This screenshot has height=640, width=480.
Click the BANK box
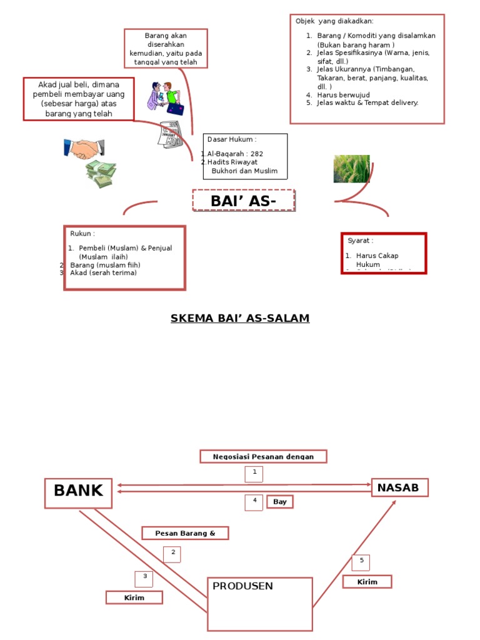coord(78,492)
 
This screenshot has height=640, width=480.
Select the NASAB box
coord(400,487)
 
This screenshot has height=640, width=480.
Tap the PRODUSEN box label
coord(242,586)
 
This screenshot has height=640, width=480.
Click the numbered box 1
coord(254,474)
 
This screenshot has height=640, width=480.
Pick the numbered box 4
coord(254,502)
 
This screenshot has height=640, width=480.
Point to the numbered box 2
coord(172,554)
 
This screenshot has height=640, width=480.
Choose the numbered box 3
coord(144,579)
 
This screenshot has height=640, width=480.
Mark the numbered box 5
coord(361,562)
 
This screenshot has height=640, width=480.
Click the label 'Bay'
coord(279,502)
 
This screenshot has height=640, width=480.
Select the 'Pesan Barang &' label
coord(185,533)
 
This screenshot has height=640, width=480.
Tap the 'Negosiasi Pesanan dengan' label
coord(263,457)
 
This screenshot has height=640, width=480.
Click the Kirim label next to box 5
coord(367,582)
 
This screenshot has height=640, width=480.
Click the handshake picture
coord(84,149)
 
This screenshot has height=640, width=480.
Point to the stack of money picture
coord(101,174)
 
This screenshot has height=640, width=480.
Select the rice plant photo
coord(351,169)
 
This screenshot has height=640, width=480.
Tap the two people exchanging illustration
coord(164,98)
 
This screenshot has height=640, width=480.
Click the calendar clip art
coord(169,135)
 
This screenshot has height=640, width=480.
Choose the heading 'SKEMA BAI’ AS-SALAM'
coord(240,319)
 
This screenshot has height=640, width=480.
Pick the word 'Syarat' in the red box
coord(360,241)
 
